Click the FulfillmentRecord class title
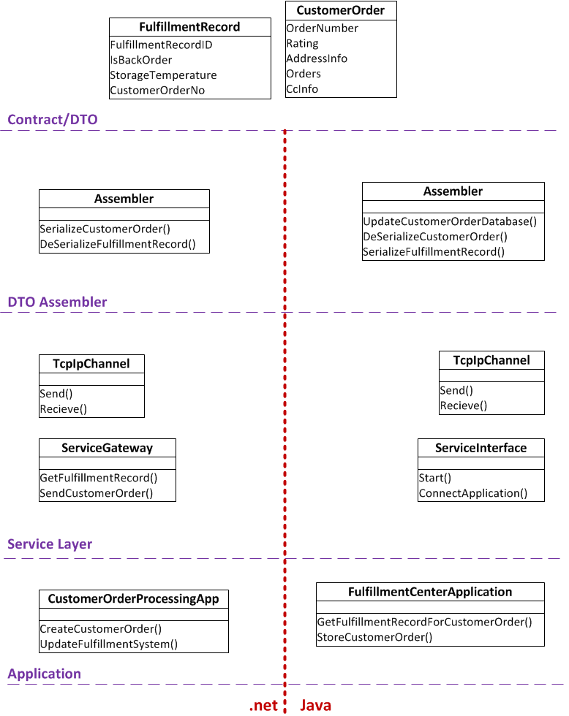(x=189, y=27)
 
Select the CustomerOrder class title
(x=341, y=10)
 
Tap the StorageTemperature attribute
(x=164, y=75)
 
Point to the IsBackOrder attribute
(x=141, y=60)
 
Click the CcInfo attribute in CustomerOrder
(x=302, y=89)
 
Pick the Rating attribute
(x=303, y=44)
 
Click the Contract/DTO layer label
(x=53, y=120)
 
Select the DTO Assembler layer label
(x=57, y=302)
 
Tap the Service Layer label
(x=50, y=544)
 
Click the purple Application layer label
(x=45, y=674)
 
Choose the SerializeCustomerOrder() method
(x=105, y=229)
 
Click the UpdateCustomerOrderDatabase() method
(x=450, y=221)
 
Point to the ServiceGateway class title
(x=108, y=448)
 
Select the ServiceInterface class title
(x=481, y=448)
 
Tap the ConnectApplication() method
(x=473, y=493)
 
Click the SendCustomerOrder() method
(x=97, y=493)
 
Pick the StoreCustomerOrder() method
(x=374, y=637)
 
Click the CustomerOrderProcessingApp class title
(x=133, y=598)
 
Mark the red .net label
(x=263, y=706)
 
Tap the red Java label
(x=315, y=706)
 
